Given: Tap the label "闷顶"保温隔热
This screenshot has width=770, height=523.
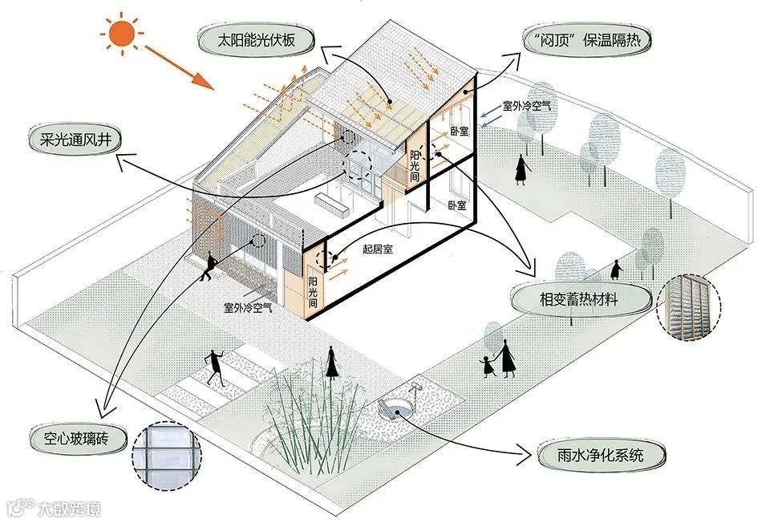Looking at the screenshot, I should (x=585, y=39).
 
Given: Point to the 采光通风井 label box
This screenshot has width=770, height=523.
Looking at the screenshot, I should (x=75, y=140).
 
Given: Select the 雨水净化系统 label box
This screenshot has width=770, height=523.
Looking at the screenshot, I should (x=593, y=456).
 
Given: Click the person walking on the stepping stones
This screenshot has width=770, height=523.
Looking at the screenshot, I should (x=214, y=366).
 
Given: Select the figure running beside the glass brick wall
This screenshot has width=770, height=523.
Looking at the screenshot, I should (x=210, y=266).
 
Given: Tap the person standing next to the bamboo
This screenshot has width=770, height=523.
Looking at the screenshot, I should (x=330, y=363).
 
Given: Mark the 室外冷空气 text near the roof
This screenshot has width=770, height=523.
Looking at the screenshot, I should (x=525, y=105).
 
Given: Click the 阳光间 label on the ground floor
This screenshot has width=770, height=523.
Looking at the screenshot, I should (x=312, y=293).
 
